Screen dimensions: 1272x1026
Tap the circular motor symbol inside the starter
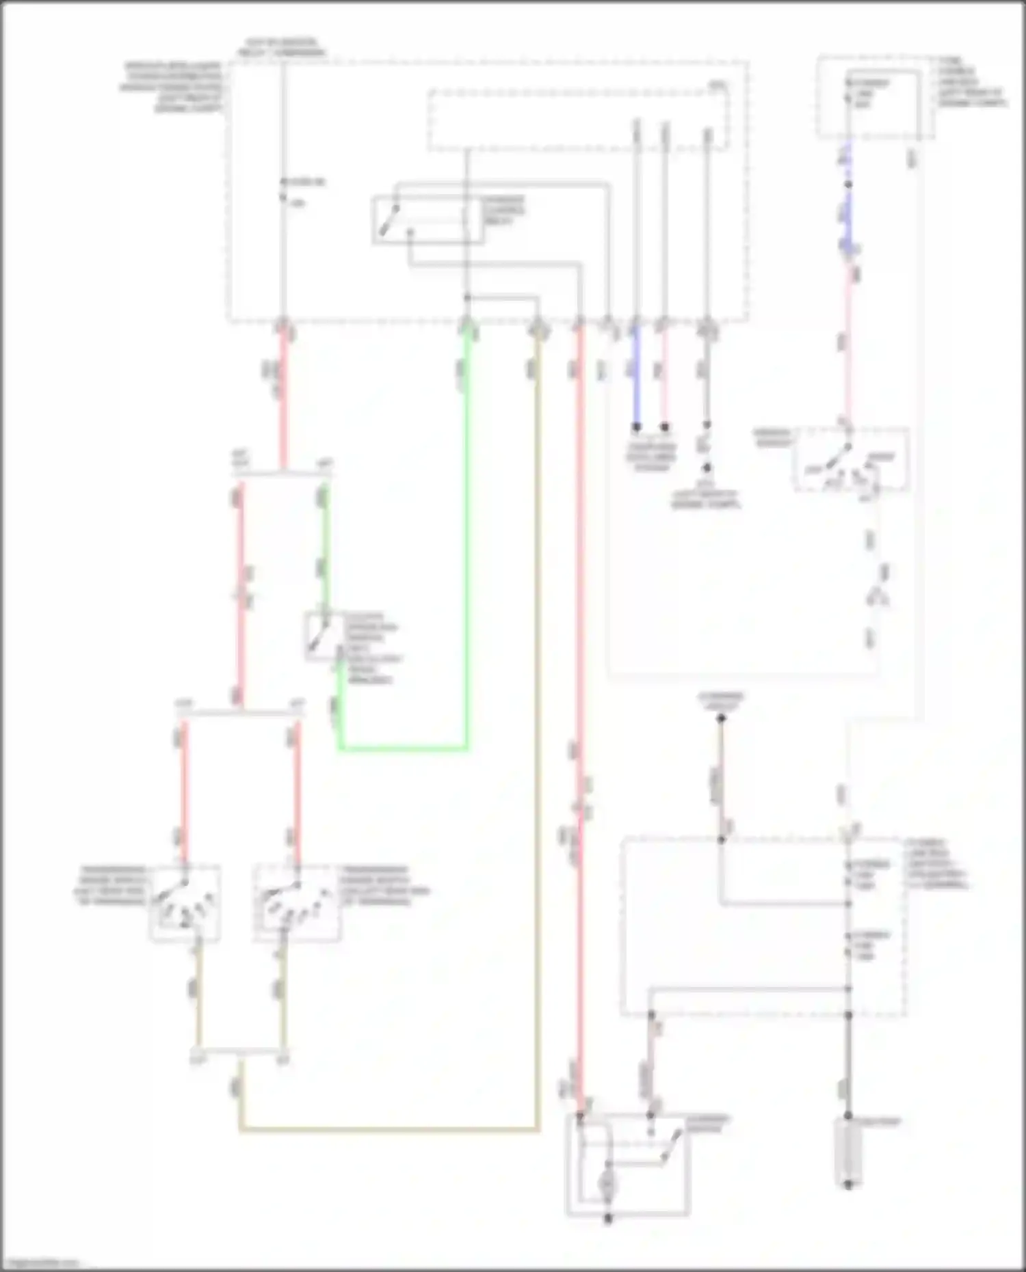point(607,1185)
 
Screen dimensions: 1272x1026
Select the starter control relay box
point(428,219)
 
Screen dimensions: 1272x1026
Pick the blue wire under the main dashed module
point(636,376)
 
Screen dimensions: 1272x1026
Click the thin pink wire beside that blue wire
point(664,376)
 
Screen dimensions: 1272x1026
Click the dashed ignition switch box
point(852,459)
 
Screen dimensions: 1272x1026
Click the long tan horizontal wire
point(390,1131)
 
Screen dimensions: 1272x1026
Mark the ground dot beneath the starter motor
point(608,1219)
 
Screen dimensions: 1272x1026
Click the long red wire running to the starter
point(579,684)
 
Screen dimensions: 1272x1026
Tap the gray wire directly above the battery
point(848,1066)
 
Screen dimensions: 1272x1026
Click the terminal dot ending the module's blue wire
point(636,427)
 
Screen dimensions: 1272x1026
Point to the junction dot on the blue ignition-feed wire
point(848,185)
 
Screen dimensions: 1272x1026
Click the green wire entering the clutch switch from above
point(326,547)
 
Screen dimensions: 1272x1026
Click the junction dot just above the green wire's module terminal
point(467,298)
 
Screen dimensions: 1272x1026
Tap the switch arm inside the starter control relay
point(389,220)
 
